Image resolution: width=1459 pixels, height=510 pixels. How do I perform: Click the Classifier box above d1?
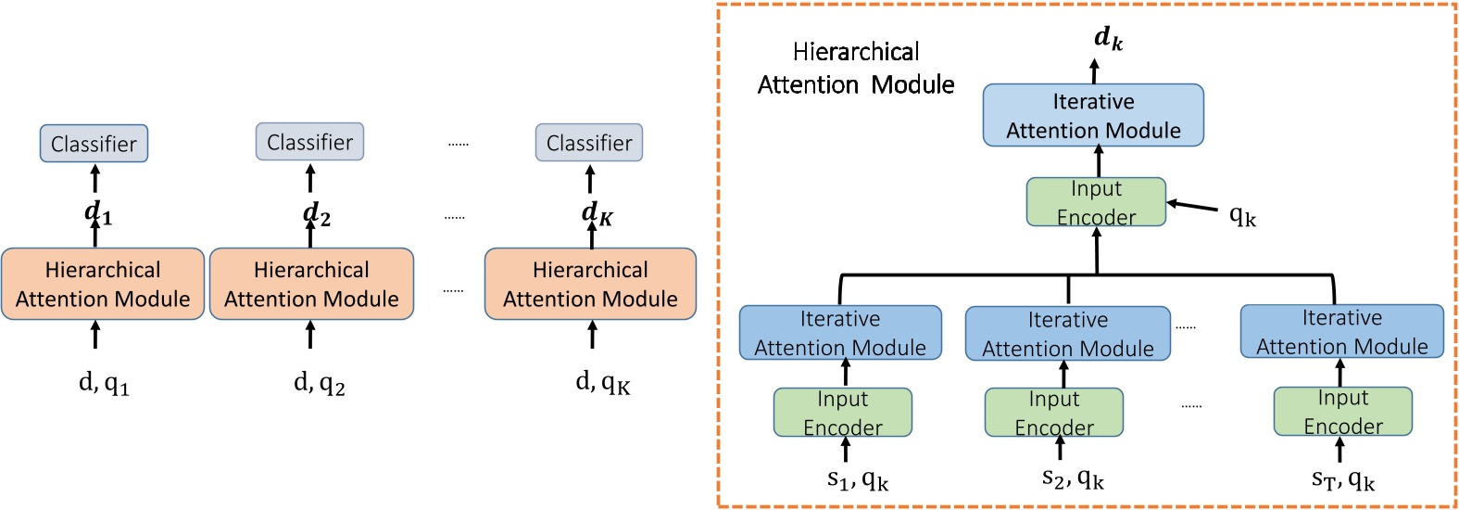pyautogui.click(x=94, y=144)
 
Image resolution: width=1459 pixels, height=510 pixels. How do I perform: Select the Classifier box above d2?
pyautogui.click(x=309, y=142)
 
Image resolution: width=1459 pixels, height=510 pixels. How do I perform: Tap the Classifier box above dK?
pyautogui.click(x=589, y=143)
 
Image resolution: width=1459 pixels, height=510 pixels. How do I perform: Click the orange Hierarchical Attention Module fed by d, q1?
pyautogui.click(x=103, y=284)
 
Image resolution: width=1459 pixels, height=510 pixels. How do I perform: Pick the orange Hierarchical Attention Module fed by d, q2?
pyautogui.click(x=311, y=284)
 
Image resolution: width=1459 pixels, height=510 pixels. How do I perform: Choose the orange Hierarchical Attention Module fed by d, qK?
pyautogui.click(x=590, y=284)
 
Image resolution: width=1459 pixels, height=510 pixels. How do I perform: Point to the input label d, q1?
pyautogui.click(x=104, y=382)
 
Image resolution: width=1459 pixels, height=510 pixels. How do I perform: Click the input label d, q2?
pyautogui.click(x=320, y=382)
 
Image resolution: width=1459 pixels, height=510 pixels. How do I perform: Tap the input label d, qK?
pyautogui.click(x=603, y=382)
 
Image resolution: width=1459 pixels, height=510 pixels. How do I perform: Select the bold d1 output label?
pyautogui.click(x=98, y=213)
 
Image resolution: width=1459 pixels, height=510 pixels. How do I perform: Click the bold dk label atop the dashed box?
pyautogui.click(x=1108, y=38)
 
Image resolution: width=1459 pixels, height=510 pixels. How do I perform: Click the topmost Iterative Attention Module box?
pyautogui.click(x=1093, y=116)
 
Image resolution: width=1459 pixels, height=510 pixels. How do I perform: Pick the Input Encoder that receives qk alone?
pyautogui.click(x=1096, y=202)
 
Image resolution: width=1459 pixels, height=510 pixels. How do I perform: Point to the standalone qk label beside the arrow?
pyautogui.click(x=1242, y=216)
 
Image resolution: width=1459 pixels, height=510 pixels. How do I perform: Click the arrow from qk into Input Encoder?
pyautogui.click(x=1192, y=207)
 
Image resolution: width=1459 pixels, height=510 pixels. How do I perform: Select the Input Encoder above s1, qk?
pyautogui.click(x=842, y=413)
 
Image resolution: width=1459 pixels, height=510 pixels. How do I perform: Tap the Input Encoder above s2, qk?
pyautogui.click(x=1054, y=413)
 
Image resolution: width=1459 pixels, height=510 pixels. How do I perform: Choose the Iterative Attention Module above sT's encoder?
pyautogui.click(x=1341, y=332)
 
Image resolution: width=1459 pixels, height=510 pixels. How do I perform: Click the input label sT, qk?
pyautogui.click(x=1342, y=479)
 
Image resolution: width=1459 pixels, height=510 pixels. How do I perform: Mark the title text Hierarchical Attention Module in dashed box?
pyautogui.click(x=856, y=69)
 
